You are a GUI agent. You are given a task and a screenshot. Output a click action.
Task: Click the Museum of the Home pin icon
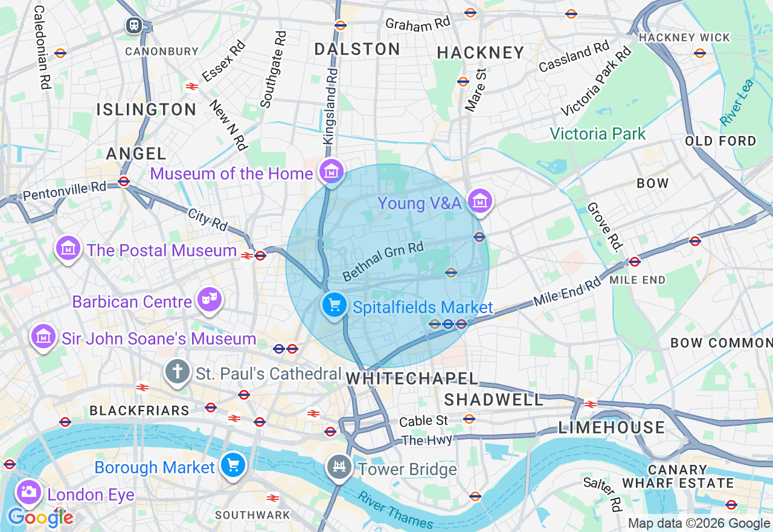pyautogui.click(x=332, y=172)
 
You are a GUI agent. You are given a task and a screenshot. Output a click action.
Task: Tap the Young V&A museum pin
pyautogui.click(x=480, y=202)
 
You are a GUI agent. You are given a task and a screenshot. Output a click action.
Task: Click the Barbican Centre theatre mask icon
pyautogui.click(x=210, y=300)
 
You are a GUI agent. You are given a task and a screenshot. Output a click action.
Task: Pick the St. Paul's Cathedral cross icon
pyautogui.click(x=177, y=372)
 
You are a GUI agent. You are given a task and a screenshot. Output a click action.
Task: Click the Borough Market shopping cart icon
pyautogui.click(x=233, y=465)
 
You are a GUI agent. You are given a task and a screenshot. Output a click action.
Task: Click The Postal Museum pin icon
pyautogui.click(x=68, y=248)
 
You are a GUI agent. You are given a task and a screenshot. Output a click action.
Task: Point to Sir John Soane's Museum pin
pyautogui.click(x=43, y=337)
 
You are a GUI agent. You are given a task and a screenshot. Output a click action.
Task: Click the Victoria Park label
pyautogui.click(x=597, y=134)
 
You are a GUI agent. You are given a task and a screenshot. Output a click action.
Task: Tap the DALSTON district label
pyautogui.click(x=357, y=50)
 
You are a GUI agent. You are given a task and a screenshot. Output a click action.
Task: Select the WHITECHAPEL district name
pyautogui.click(x=412, y=379)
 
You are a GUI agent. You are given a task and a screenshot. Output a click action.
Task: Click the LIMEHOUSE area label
pyautogui.click(x=611, y=428)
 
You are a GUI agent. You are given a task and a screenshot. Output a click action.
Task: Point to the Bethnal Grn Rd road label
pyautogui.click(x=383, y=261)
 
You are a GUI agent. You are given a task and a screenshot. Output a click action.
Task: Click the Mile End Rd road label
pyautogui.click(x=567, y=291)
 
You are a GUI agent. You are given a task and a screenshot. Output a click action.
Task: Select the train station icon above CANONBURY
pyautogui.click(x=133, y=25)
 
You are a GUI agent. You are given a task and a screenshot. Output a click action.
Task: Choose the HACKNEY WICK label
pyautogui.click(x=684, y=37)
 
